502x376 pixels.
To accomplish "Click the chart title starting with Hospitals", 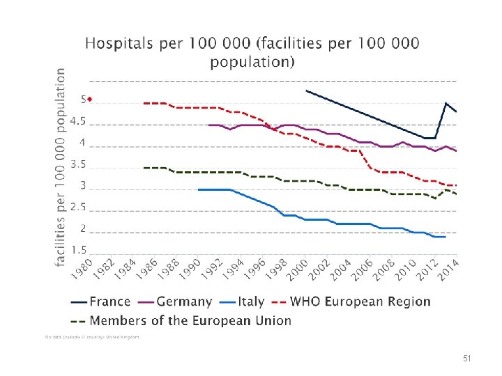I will click(252, 52).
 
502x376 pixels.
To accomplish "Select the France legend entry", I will click(100, 301).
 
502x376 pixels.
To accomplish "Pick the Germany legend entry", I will click(175, 301).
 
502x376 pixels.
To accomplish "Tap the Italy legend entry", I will click(242, 301).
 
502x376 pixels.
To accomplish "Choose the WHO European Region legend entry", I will click(351, 301).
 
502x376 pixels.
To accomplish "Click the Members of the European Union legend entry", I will click(181, 321).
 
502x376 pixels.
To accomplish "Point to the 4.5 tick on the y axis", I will click(79, 121).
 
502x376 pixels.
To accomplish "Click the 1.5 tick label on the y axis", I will click(79, 249).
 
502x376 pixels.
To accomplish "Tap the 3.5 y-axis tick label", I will click(79, 165).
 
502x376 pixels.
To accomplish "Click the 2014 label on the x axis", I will click(448, 272).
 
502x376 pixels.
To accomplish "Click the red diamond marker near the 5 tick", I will click(90, 99).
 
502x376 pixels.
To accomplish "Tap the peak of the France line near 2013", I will click(446, 103).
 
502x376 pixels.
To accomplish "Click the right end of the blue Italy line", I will click(445, 237).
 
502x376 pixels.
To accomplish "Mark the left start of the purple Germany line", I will click(208, 125).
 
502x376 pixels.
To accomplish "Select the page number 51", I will click(467, 358).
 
